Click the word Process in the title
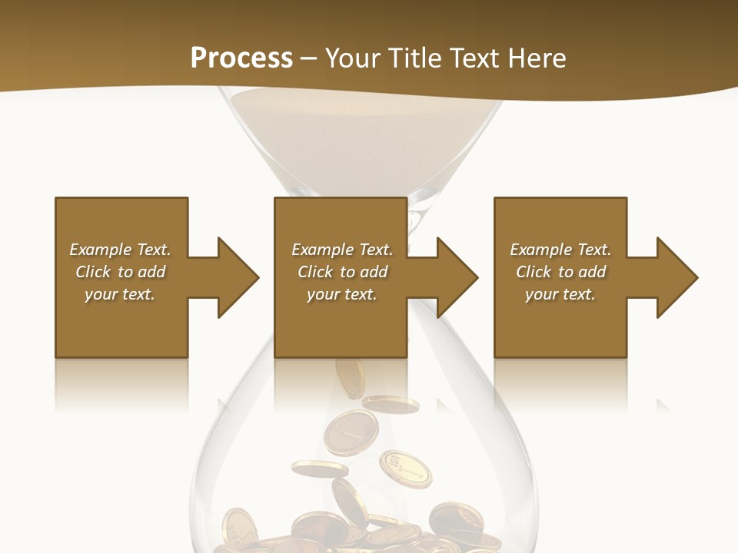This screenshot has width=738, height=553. point(241,58)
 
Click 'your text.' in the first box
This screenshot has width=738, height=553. point(120,294)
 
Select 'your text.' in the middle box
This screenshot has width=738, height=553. point(342,294)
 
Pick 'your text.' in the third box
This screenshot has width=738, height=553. point(560,294)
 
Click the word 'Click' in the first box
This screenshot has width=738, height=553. point(93,272)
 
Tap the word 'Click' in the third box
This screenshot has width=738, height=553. point(534,272)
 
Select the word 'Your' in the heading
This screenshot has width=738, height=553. point(353,58)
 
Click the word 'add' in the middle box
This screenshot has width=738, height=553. point(374,272)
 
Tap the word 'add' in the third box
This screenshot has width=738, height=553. point(592,272)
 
